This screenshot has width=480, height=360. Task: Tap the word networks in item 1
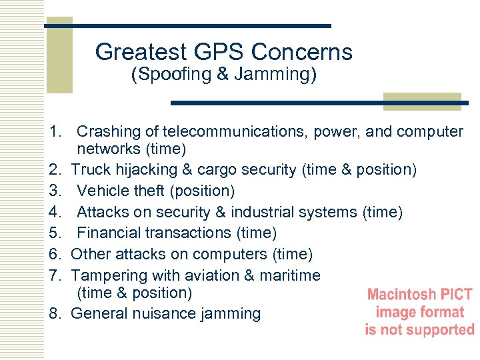(x=108, y=149)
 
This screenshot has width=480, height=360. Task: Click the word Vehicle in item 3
(x=101, y=191)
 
